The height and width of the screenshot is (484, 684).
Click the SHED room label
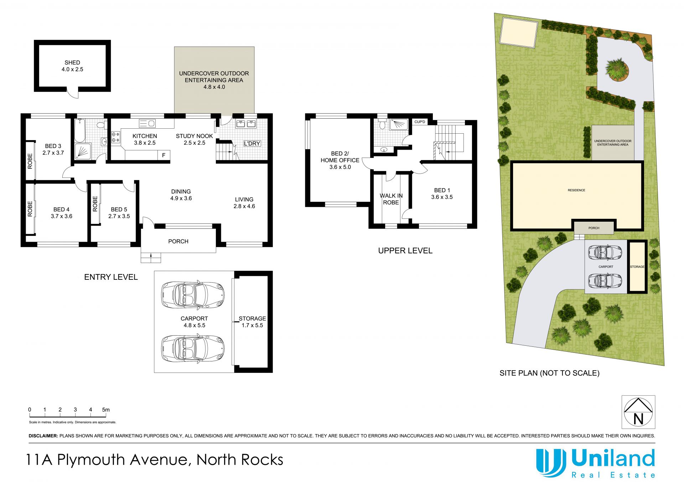(72, 62)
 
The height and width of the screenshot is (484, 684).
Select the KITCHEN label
(145, 136)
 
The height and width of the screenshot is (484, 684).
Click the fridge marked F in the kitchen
(164, 155)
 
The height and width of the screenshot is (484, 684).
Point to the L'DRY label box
(252, 143)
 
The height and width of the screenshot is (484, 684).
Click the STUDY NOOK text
(194, 136)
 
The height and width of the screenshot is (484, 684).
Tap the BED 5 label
(119, 210)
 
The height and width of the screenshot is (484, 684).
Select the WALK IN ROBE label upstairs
(391, 199)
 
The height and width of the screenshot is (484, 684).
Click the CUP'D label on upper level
(420, 122)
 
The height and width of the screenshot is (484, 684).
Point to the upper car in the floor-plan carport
(193, 294)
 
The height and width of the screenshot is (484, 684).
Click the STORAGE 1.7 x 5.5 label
(252, 322)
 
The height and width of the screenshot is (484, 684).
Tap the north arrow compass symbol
(638, 412)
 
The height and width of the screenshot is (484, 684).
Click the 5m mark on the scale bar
(106, 410)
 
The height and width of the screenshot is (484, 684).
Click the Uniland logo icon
(551, 462)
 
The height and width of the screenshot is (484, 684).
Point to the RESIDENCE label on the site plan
(576, 190)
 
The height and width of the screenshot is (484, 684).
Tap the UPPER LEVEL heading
(405, 251)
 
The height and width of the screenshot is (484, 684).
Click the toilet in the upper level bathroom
(382, 124)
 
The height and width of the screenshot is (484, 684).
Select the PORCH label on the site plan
(594, 228)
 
